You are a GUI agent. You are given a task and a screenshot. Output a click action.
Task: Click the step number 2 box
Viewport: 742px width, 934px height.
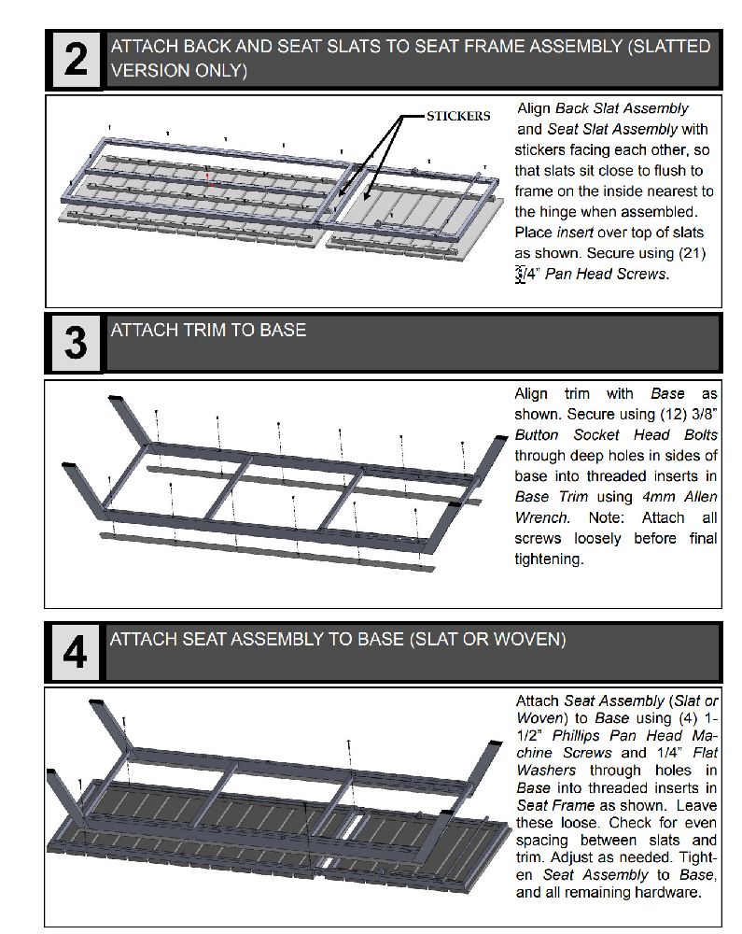tap(76, 60)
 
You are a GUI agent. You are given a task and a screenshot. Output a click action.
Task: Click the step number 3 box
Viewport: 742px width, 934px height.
tap(76, 343)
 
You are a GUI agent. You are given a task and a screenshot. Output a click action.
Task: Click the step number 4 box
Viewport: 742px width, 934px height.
tap(76, 652)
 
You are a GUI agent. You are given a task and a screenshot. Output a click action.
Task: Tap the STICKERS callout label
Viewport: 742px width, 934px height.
tap(458, 117)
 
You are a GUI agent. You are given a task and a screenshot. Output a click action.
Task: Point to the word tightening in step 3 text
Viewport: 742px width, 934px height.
tap(549, 559)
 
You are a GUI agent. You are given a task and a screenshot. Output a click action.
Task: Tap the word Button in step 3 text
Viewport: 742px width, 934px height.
tap(537, 435)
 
